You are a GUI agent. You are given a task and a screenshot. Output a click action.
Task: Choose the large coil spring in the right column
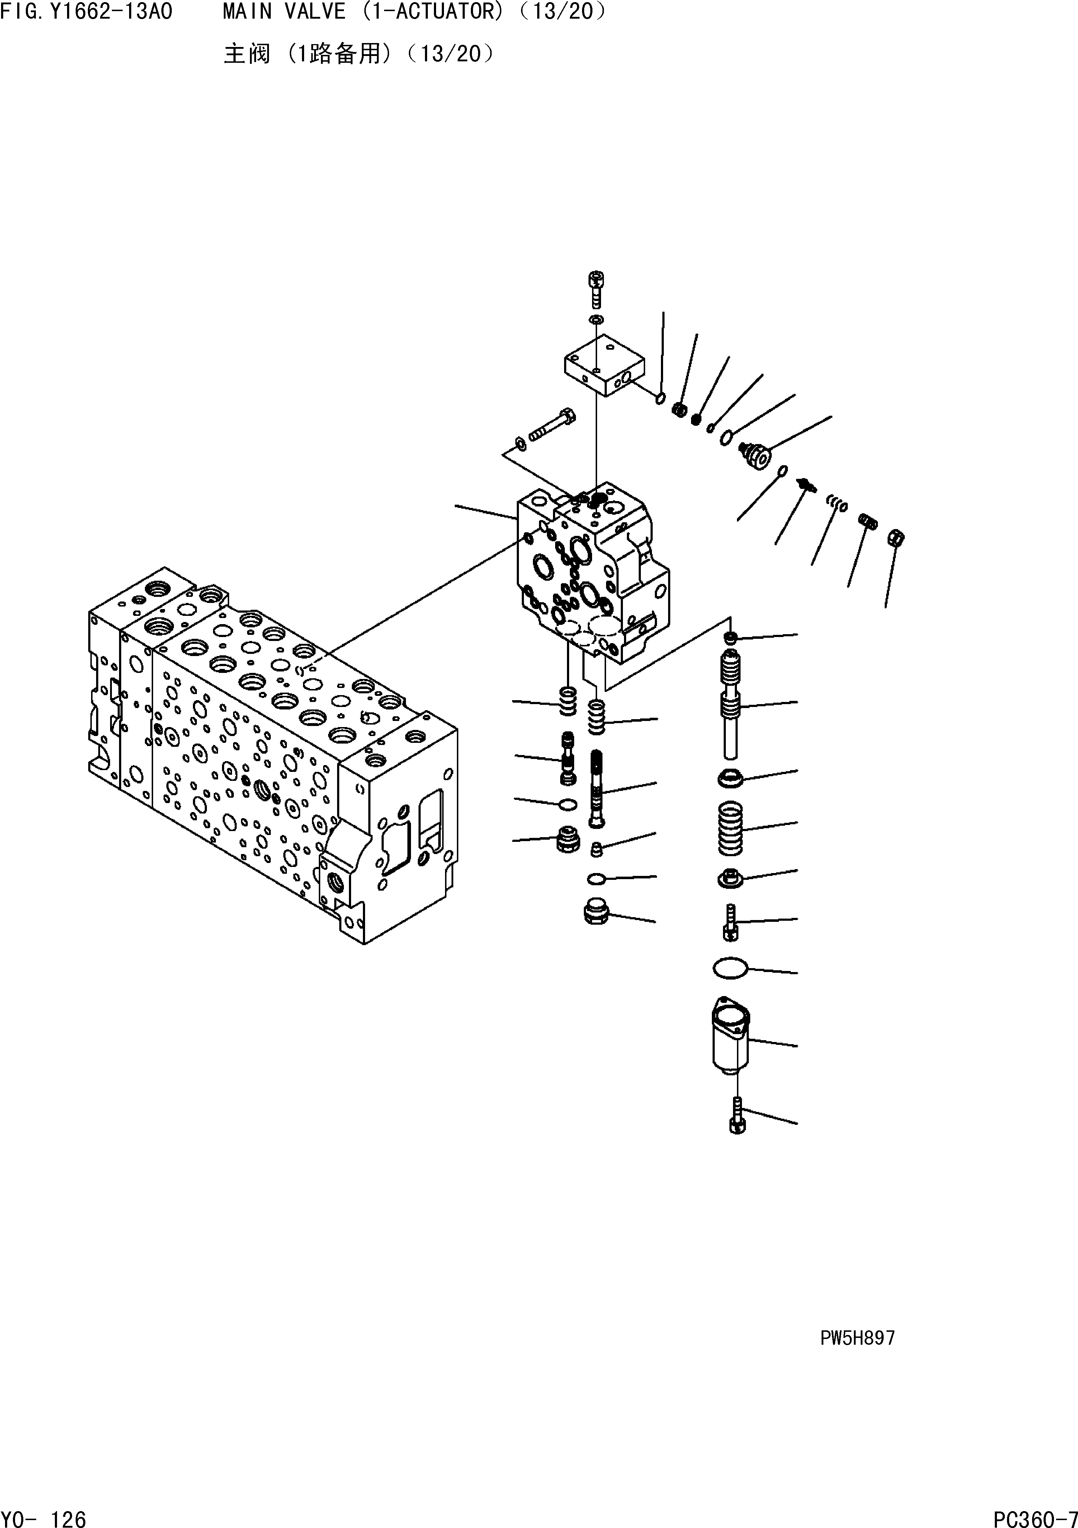(730, 829)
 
